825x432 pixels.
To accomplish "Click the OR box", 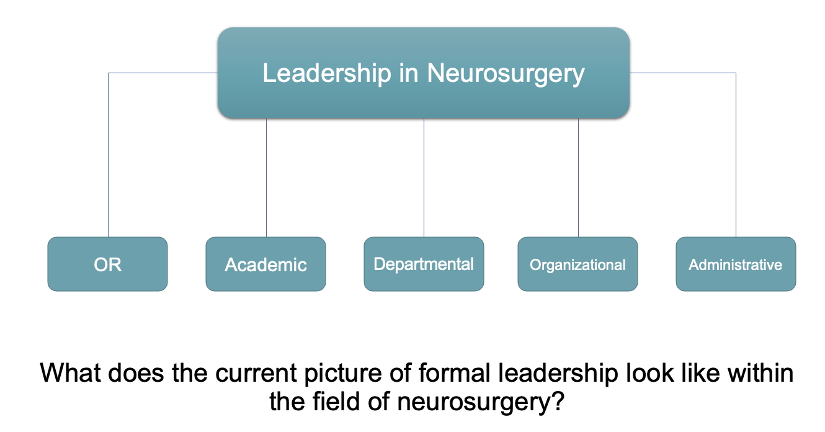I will click(x=107, y=264).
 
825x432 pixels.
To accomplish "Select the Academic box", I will click(x=265, y=264).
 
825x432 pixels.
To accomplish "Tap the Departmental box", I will click(x=424, y=264).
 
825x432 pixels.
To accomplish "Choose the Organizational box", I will click(x=577, y=264).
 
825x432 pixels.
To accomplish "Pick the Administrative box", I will click(x=736, y=264).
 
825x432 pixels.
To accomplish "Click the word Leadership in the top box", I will click(x=319, y=73).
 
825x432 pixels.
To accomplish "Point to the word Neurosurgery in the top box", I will click(x=506, y=73).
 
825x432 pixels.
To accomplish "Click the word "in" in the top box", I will click(x=409, y=73).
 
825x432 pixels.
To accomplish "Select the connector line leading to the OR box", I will click(x=109, y=155).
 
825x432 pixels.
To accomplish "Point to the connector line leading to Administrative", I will click(x=736, y=155).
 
